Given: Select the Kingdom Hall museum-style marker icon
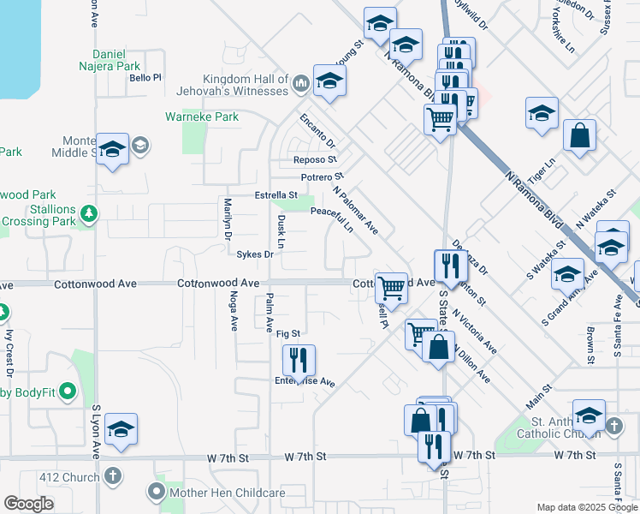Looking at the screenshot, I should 300,83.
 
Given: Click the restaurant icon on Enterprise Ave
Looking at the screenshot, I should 298,359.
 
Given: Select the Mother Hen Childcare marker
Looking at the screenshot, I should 155,492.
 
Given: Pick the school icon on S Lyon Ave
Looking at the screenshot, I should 121,429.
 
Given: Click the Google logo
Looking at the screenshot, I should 28,504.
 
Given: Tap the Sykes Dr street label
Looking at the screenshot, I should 255,254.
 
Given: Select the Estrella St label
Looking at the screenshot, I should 276,195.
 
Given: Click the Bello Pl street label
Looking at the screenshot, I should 145,78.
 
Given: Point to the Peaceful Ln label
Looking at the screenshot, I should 332,218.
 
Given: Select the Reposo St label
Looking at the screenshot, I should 315,160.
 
